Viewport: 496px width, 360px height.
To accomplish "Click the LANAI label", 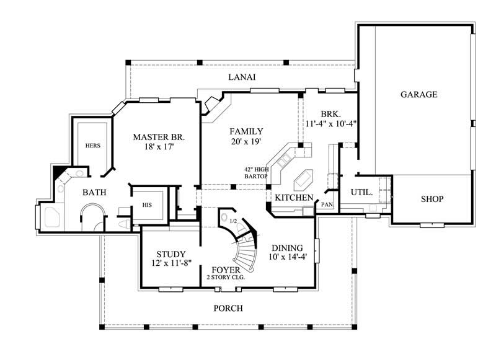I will click(x=242, y=77).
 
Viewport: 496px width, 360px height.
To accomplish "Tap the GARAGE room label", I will click(x=419, y=95).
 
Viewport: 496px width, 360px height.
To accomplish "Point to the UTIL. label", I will click(x=362, y=193).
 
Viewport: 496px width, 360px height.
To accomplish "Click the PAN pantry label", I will click(x=327, y=204).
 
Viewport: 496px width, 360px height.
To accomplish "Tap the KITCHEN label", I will click(x=294, y=198).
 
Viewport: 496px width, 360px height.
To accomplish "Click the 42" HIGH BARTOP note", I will click(x=255, y=172).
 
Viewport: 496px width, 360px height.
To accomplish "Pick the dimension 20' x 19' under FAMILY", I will click(x=246, y=143).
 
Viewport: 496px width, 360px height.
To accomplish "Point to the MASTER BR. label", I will click(x=159, y=136).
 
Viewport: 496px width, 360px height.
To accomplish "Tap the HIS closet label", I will click(x=148, y=204).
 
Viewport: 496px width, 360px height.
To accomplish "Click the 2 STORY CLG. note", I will click(x=226, y=278).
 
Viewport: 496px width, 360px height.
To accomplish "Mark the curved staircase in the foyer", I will click(x=243, y=248).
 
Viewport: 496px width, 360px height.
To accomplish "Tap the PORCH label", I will click(x=228, y=308).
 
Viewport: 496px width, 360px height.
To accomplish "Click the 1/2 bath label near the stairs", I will click(x=232, y=221).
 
